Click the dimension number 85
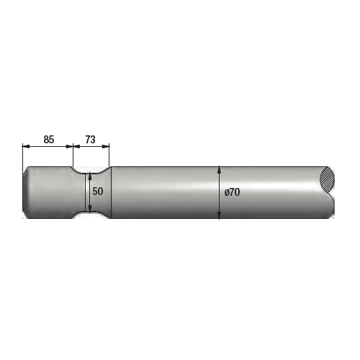[x=48, y=139]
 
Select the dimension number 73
[x=91, y=139]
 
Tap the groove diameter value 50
[x=99, y=192]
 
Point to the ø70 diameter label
[x=232, y=192]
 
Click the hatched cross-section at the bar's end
[x=328, y=179]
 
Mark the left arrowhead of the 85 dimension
[x=25, y=146]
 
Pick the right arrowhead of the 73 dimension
[x=107, y=146]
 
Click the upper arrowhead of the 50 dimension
[x=89, y=175]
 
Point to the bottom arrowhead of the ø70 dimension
[x=218, y=215]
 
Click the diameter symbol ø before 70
[x=226, y=192]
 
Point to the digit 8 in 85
[x=45, y=139]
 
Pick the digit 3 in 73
[x=94, y=139]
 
